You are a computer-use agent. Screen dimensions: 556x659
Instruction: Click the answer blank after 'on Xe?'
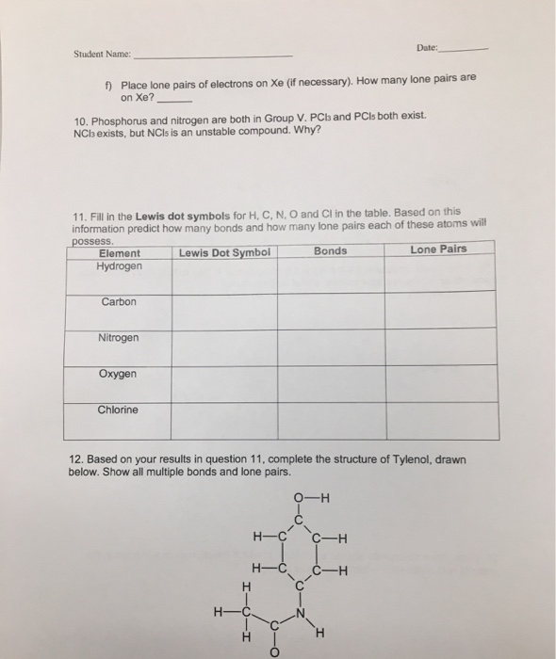(x=180, y=97)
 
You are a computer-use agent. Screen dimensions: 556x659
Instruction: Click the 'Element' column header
(x=119, y=252)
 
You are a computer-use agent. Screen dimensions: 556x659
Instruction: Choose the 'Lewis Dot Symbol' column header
(x=224, y=252)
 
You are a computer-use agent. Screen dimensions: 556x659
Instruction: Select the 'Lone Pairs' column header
(x=438, y=249)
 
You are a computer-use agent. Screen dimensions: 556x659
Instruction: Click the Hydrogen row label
(x=119, y=266)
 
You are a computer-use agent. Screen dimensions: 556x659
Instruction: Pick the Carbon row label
(x=120, y=301)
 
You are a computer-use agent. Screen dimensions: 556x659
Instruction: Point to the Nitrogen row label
(x=119, y=337)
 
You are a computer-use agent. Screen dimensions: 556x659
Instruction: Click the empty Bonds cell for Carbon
(x=331, y=310)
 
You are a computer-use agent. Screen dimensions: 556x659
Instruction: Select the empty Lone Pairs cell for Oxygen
(x=440, y=382)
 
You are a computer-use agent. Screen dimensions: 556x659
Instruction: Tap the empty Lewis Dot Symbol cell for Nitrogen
(x=224, y=346)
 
